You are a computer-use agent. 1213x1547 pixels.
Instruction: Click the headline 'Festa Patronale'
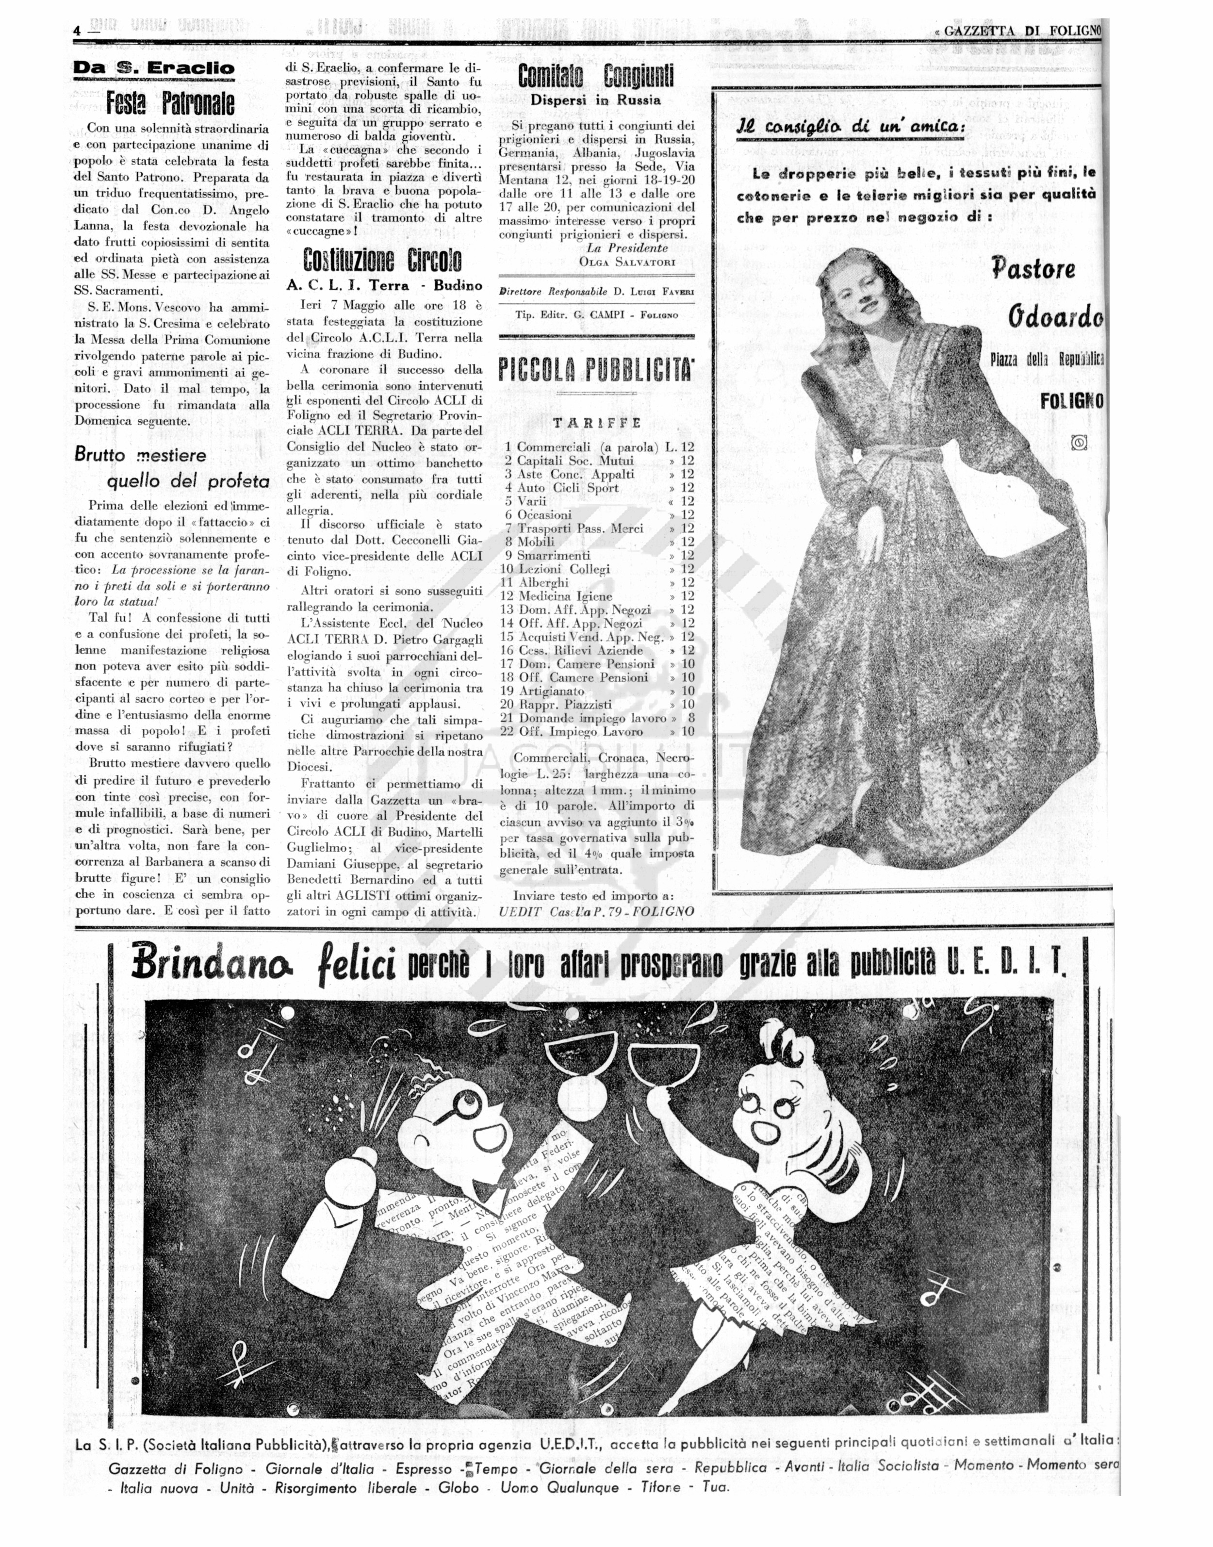170,104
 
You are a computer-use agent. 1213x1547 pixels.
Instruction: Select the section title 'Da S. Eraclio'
154,69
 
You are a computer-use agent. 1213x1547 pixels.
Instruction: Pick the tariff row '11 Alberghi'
544,582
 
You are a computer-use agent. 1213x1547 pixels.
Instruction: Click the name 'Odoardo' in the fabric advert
1055,317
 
